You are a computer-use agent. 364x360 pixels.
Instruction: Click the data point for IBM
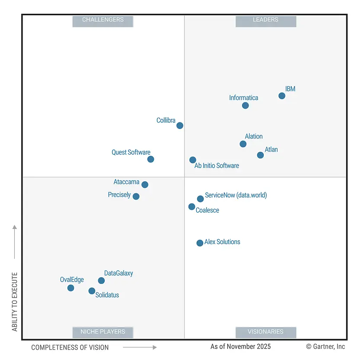(x=282, y=96)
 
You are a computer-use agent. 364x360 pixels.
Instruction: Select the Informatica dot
(x=245, y=106)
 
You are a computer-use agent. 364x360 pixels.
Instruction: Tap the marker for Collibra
(x=180, y=125)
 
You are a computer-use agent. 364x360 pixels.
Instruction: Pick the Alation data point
(x=243, y=144)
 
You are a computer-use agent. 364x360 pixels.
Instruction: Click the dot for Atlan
(x=260, y=155)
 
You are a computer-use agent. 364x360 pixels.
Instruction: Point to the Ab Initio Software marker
(x=193, y=160)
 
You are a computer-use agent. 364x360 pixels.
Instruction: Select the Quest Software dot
(x=150, y=159)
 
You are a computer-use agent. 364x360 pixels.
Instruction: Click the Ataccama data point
(x=145, y=185)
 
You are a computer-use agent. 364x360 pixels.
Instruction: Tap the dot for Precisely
(x=136, y=196)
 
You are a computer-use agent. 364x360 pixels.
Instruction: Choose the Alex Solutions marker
(x=200, y=243)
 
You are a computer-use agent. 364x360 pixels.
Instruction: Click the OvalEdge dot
(x=71, y=288)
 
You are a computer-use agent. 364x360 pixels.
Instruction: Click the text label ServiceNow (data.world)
(x=236, y=195)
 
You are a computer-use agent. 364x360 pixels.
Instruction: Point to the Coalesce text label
(x=208, y=210)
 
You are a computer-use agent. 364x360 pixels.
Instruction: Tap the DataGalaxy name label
(x=118, y=273)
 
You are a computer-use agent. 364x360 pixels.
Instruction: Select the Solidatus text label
(x=107, y=295)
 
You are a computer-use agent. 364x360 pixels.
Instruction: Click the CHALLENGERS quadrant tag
(x=103, y=20)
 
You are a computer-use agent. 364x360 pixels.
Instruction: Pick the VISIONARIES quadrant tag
(x=265, y=332)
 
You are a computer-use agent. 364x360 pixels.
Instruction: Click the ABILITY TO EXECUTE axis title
(x=15, y=302)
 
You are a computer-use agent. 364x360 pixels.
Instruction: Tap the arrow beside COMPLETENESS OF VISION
(x=140, y=347)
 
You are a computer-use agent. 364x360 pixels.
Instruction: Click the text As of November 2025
(x=240, y=347)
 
